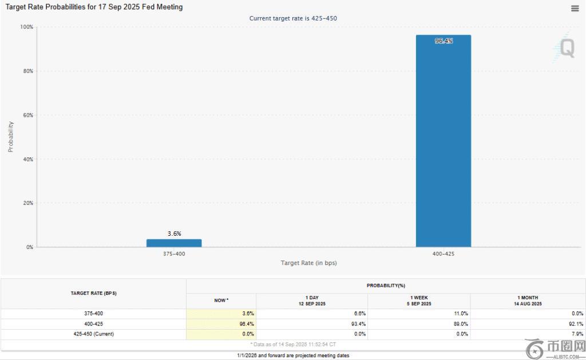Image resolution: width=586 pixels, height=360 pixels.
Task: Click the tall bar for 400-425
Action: (x=444, y=143)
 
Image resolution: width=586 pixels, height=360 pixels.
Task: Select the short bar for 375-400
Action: (x=174, y=243)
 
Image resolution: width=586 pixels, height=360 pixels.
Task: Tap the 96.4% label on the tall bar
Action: (x=444, y=41)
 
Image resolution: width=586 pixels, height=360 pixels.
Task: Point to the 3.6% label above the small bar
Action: (x=174, y=234)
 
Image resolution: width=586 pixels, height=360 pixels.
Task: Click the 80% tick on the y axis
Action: (x=27, y=71)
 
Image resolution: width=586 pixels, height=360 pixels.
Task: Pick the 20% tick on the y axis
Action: (x=27, y=203)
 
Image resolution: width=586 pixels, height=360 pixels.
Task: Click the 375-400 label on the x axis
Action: (x=174, y=254)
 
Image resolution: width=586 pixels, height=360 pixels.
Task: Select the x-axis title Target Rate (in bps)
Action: (x=308, y=263)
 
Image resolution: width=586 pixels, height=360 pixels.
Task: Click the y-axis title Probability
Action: (x=10, y=137)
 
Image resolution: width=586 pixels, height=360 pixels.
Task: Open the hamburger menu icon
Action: (x=575, y=8)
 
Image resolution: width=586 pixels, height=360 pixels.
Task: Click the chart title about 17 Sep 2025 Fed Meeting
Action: (x=94, y=7)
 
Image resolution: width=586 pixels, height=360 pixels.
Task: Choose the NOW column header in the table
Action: (x=221, y=300)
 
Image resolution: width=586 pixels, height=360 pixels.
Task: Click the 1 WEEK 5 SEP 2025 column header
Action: (x=419, y=300)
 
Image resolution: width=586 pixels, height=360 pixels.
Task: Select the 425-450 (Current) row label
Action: (x=94, y=334)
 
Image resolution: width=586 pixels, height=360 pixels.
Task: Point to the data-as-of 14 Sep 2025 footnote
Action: (x=293, y=344)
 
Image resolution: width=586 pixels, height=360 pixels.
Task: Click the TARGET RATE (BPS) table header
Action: (x=94, y=293)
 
